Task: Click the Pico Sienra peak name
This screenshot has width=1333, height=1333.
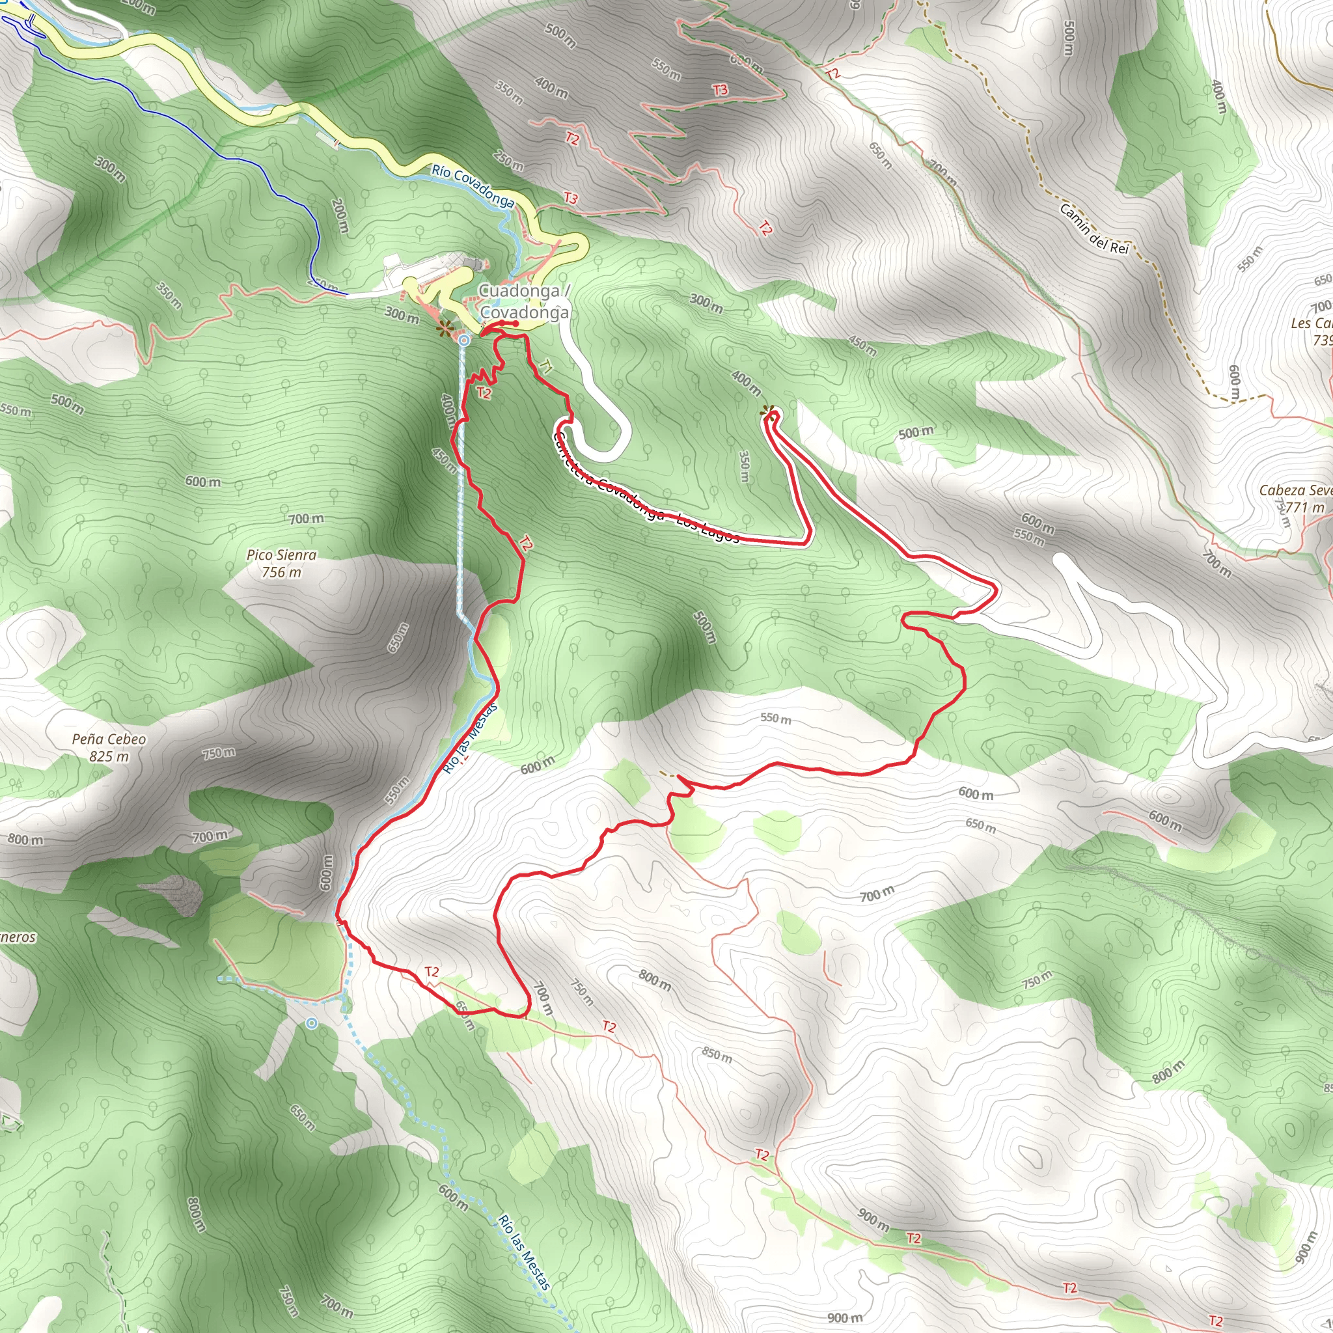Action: coord(281,555)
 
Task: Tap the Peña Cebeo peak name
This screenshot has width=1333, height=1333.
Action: coord(109,739)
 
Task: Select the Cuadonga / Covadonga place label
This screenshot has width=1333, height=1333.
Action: coord(524,301)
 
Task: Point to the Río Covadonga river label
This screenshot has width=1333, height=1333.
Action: coord(473,186)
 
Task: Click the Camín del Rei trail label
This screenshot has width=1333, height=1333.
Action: coord(1093,228)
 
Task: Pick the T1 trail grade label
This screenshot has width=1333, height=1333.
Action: coord(547,366)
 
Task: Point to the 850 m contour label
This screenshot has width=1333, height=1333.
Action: coord(717,1055)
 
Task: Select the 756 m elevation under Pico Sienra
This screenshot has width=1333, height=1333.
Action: coord(281,572)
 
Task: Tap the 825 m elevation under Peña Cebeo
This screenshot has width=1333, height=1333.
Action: coord(109,756)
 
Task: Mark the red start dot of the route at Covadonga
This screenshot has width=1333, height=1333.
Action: coord(515,323)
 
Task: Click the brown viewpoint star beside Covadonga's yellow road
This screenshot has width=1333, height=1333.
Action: coord(445,329)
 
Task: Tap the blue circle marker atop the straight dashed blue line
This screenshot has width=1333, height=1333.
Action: coord(464,340)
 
